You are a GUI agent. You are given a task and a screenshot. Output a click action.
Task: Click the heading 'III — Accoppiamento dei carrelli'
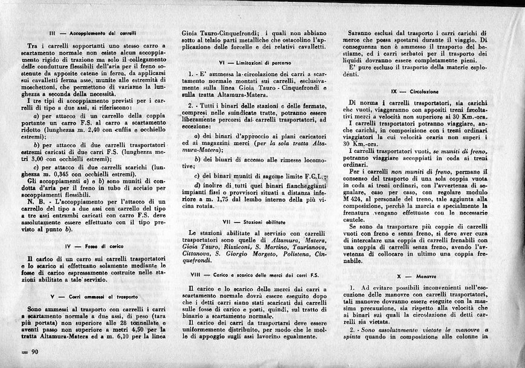click(x=93, y=34)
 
